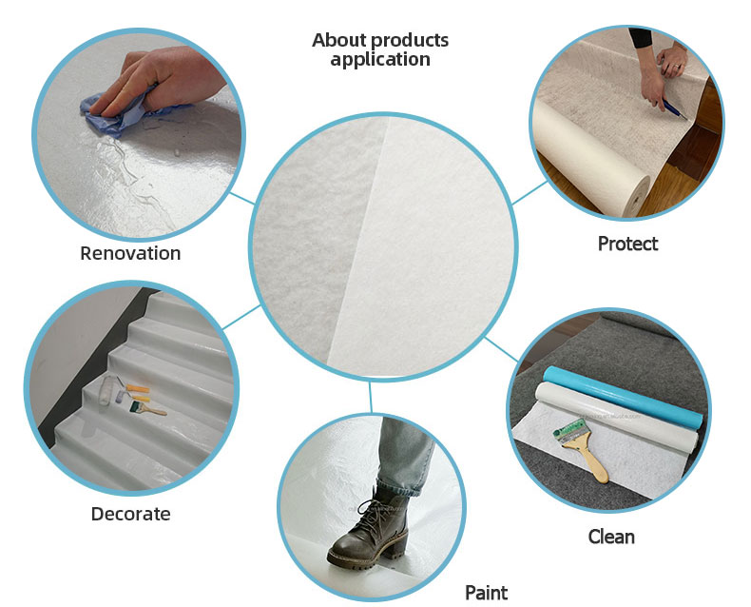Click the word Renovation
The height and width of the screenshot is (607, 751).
pyautogui.click(x=130, y=253)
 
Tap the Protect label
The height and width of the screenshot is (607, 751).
pyautogui.click(x=627, y=244)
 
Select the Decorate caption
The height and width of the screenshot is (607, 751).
pyautogui.click(x=131, y=514)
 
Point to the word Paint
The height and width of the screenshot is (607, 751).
pyautogui.click(x=486, y=593)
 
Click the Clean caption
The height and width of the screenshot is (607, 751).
pyautogui.click(x=611, y=537)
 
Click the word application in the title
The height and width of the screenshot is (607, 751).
pyautogui.click(x=380, y=60)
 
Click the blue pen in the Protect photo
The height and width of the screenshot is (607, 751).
pyautogui.click(x=674, y=109)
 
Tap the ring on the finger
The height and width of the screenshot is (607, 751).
pyautogui.click(x=676, y=67)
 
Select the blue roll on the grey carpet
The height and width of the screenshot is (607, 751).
pyautogui.click(x=623, y=396)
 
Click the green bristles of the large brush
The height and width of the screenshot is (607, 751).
pyautogui.click(x=569, y=431)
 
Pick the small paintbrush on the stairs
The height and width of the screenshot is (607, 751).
pyautogui.click(x=147, y=408)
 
